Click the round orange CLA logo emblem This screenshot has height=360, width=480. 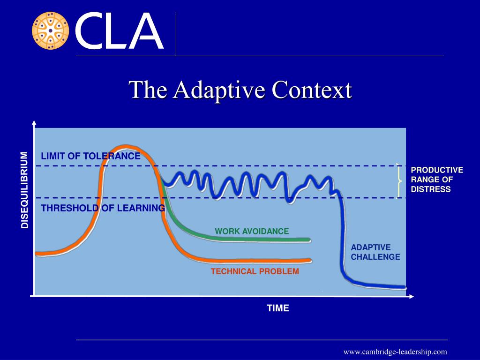tap(50, 31)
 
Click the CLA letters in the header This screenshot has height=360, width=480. tap(119, 32)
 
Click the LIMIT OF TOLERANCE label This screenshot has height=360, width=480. tap(90, 157)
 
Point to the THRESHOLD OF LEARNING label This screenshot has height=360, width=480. tap(103, 208)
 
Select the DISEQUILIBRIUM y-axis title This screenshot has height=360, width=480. tap(25, 190)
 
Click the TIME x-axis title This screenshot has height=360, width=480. tap(278, 308)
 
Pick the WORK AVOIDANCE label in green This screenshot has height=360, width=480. tap(252, 232)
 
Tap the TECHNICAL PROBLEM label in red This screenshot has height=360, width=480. tap(255, 271)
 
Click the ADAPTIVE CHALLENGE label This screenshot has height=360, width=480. tap(375, 252)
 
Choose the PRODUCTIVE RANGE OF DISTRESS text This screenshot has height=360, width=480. tap(436, 180)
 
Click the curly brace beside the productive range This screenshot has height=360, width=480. tap(399, 180)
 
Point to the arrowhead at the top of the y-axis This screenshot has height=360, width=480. tap(34, 123)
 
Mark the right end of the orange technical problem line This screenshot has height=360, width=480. tap(309, 260)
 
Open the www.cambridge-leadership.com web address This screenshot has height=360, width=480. tap(395, 352)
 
